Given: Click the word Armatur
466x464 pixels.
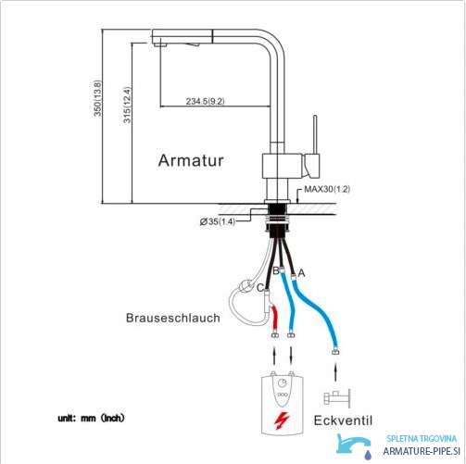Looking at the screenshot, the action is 191,160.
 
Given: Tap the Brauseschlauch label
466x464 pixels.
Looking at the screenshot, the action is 173,318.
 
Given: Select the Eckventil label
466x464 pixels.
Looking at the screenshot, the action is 343,420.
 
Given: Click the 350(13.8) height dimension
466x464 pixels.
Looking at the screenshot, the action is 97,98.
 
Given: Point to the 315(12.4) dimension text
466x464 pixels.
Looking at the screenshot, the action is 127,105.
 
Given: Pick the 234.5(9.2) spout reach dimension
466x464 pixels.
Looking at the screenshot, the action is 206,101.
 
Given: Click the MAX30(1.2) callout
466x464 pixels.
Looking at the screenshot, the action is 327,189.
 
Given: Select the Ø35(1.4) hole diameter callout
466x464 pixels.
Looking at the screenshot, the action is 218,221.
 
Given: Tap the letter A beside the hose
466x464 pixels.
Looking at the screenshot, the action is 301,273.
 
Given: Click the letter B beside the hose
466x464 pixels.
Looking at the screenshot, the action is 276,270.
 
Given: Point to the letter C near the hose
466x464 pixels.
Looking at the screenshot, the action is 260,287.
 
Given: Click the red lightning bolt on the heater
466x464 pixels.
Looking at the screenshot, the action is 283,420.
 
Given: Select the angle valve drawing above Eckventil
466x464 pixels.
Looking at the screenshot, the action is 337,398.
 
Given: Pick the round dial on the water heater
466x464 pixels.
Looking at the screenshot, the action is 283,383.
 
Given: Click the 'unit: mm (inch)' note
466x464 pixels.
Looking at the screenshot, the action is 92,418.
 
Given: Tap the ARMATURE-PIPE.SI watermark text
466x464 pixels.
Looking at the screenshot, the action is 422,451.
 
